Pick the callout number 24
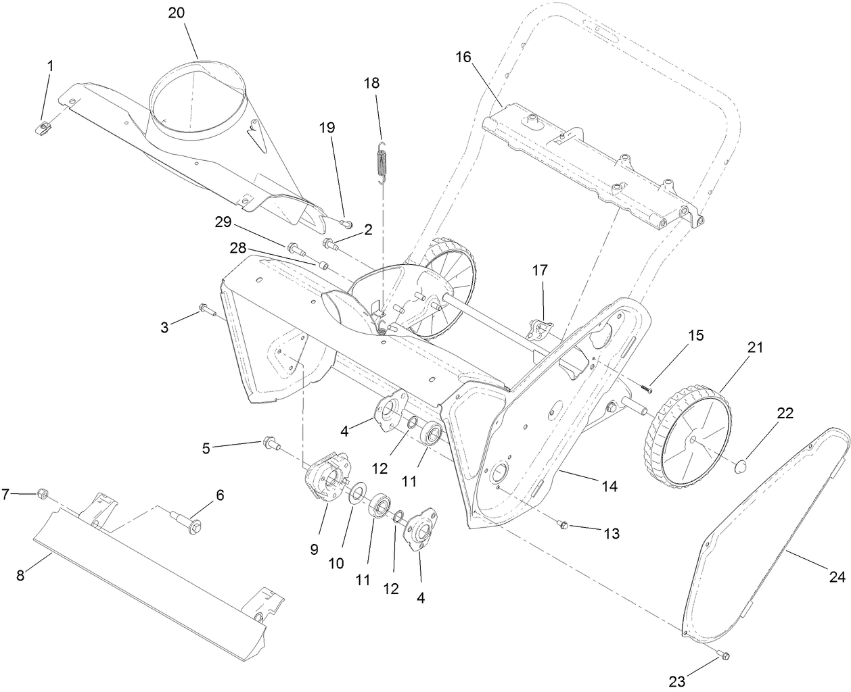[837, 577]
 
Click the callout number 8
[21, 575]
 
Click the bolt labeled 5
[269, 444]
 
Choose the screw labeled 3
[205, 310]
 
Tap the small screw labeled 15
[646, 388]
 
